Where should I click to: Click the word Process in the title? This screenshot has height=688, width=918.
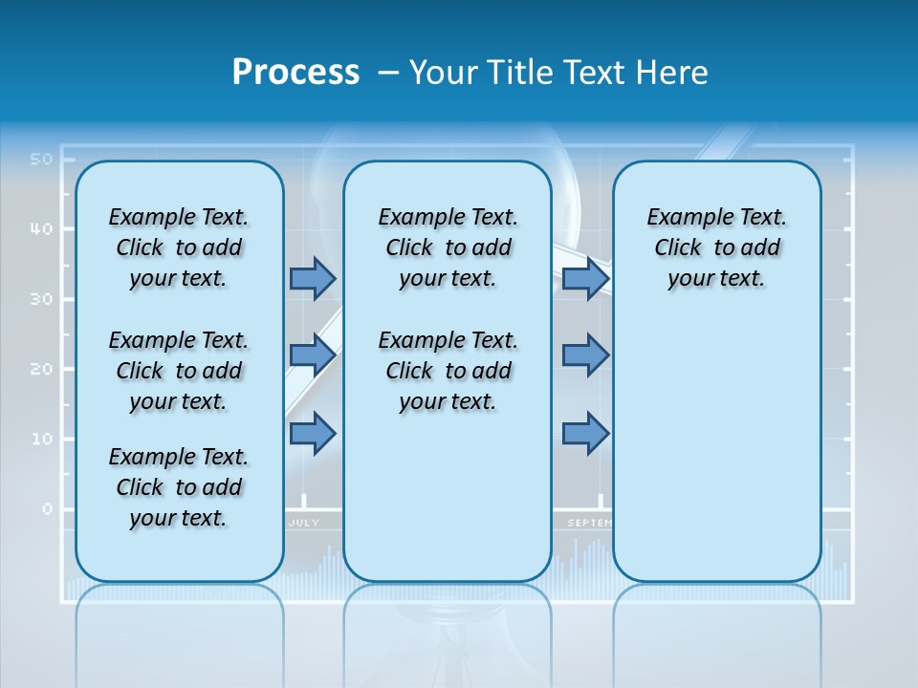295,72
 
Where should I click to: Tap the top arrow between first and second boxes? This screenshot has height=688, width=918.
313,278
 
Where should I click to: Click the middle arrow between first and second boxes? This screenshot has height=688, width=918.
313,355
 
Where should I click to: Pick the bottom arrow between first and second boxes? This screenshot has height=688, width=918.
313,434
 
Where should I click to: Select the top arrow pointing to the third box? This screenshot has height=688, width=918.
585,278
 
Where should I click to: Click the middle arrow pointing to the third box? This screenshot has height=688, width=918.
585,355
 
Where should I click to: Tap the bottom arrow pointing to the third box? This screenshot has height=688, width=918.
585,434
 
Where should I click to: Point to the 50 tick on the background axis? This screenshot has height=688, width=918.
40,159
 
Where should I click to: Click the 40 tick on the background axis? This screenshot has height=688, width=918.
40,228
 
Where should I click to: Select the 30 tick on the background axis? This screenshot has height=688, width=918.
40,299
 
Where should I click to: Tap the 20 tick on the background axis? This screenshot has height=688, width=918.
40,369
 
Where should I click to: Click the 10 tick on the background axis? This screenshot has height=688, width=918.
40,439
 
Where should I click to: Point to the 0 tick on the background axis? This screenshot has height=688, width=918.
47,508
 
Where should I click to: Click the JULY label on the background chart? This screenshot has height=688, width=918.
303,523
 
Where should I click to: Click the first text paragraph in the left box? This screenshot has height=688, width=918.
179,247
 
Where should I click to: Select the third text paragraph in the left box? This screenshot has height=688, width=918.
179,487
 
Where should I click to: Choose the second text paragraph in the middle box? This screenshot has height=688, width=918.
448,371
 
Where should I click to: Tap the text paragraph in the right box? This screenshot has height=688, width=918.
716,247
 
